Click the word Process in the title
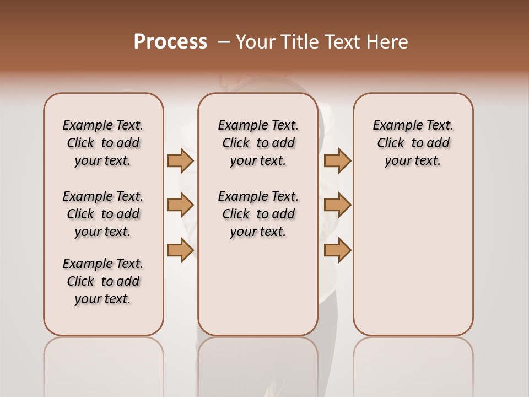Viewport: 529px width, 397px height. click(x=170, y=42)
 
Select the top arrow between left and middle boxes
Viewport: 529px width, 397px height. click(x=180, y=160)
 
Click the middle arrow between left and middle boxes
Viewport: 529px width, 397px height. click(x=180, y=205)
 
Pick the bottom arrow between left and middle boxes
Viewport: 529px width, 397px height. click(x=180, y=250)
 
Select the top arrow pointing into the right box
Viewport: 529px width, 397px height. click(x=337, y=160)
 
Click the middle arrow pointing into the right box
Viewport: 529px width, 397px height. click(x=337, y=205)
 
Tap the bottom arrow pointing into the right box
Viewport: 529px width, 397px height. click(x=337, y=250)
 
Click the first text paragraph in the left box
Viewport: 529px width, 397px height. click(x=103, y=143)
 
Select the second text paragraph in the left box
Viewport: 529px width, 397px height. click(x=103, y=214)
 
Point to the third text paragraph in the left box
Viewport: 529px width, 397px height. click(x=103, y=281)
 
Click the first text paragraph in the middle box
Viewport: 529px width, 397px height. click(x=258, y=143)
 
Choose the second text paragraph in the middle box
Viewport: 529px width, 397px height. click(x=258, y=214)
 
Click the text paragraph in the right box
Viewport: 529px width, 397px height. click(x=413, y=143)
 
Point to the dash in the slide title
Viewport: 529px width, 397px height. click(x=224, y=42)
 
